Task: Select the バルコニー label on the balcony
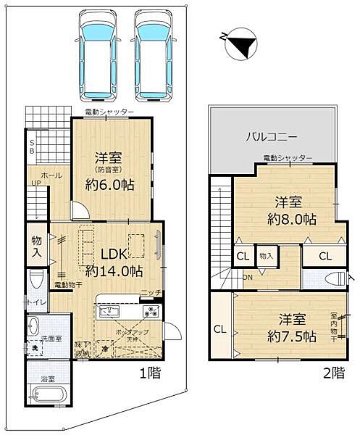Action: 271,136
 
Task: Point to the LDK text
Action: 113,254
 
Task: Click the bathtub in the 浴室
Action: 48,395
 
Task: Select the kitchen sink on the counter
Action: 109,311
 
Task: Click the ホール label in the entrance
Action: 51,175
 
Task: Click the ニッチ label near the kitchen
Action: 151,292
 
